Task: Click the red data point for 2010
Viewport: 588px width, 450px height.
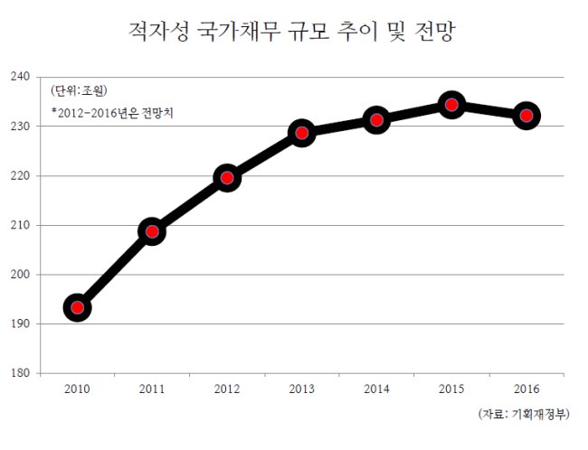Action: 78,307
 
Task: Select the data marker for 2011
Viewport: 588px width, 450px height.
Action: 152,231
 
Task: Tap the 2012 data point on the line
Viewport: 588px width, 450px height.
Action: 227,178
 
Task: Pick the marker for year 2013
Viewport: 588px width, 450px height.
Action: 302,133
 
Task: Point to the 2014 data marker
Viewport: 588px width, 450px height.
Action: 376,120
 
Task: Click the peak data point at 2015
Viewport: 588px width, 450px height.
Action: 451,105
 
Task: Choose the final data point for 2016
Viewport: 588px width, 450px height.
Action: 526,116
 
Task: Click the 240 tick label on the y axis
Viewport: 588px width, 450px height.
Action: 20,77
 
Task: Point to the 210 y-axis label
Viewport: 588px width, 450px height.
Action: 20,225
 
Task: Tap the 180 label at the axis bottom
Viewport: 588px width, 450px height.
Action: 20,373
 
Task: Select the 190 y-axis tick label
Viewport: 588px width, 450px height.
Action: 20,323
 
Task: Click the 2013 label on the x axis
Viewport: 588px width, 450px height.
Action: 302,389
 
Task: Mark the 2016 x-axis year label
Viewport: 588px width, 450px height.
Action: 526,389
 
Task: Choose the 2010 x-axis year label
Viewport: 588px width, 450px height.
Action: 77,389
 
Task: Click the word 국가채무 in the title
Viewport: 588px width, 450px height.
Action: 239,31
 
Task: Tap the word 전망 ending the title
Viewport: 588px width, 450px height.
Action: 435,31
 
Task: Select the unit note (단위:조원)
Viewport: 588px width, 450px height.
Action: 79,90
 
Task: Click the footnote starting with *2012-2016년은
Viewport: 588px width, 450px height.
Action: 112,113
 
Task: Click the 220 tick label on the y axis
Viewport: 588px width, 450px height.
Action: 20,175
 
